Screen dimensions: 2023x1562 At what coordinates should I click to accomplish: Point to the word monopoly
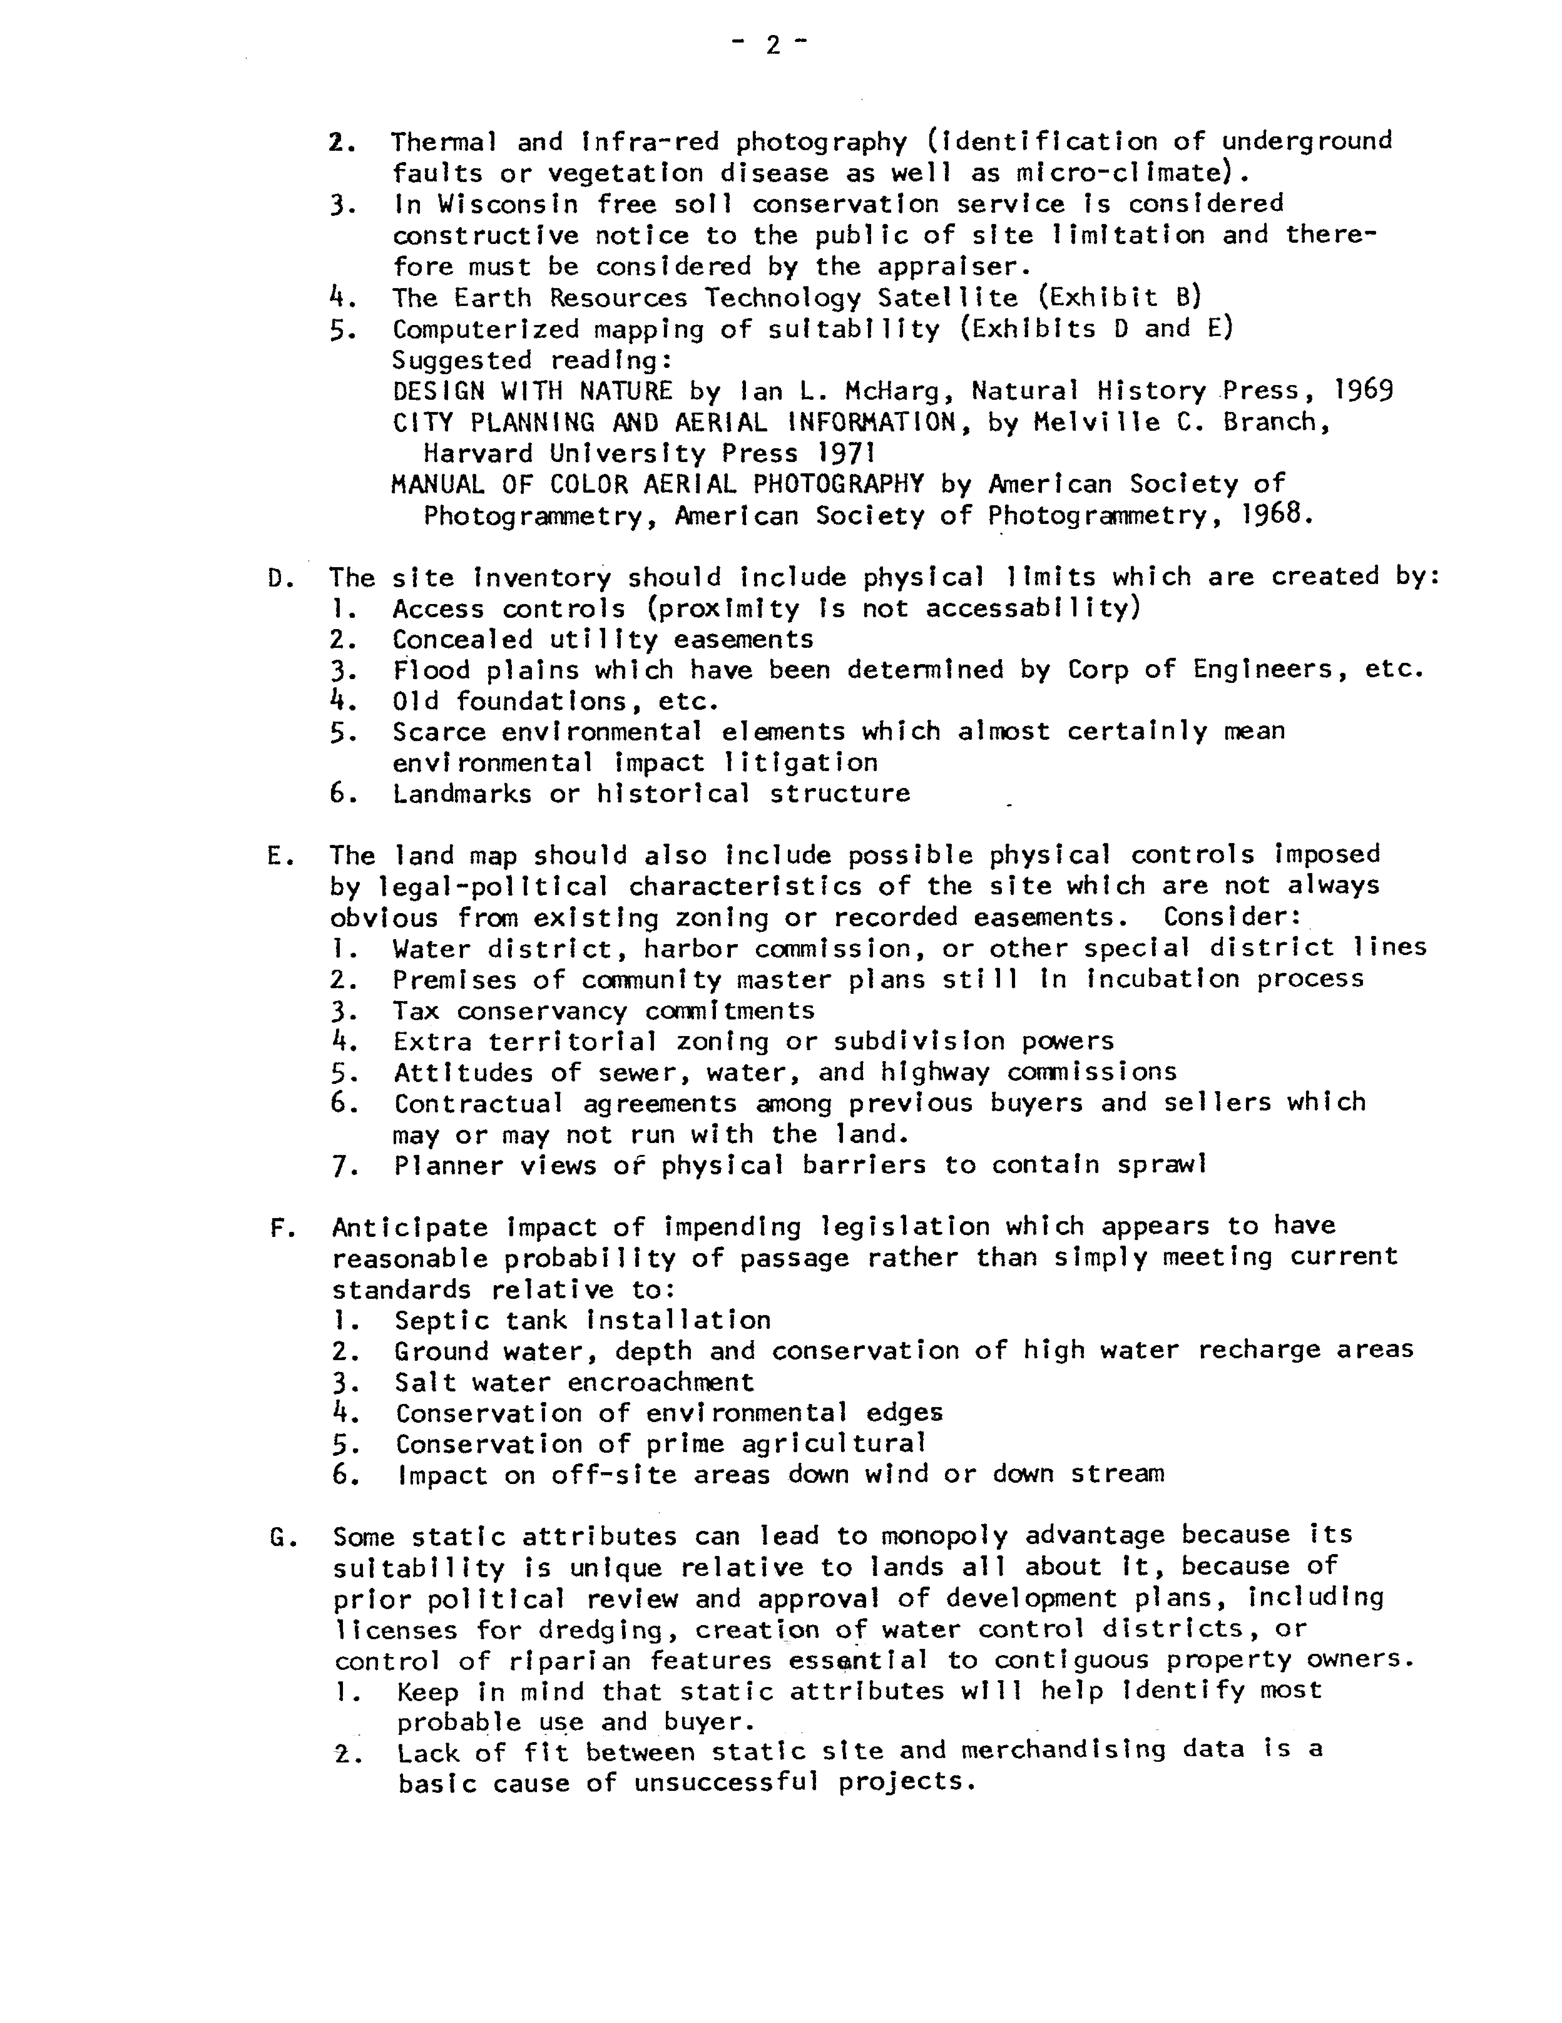(x=943, y=1537)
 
